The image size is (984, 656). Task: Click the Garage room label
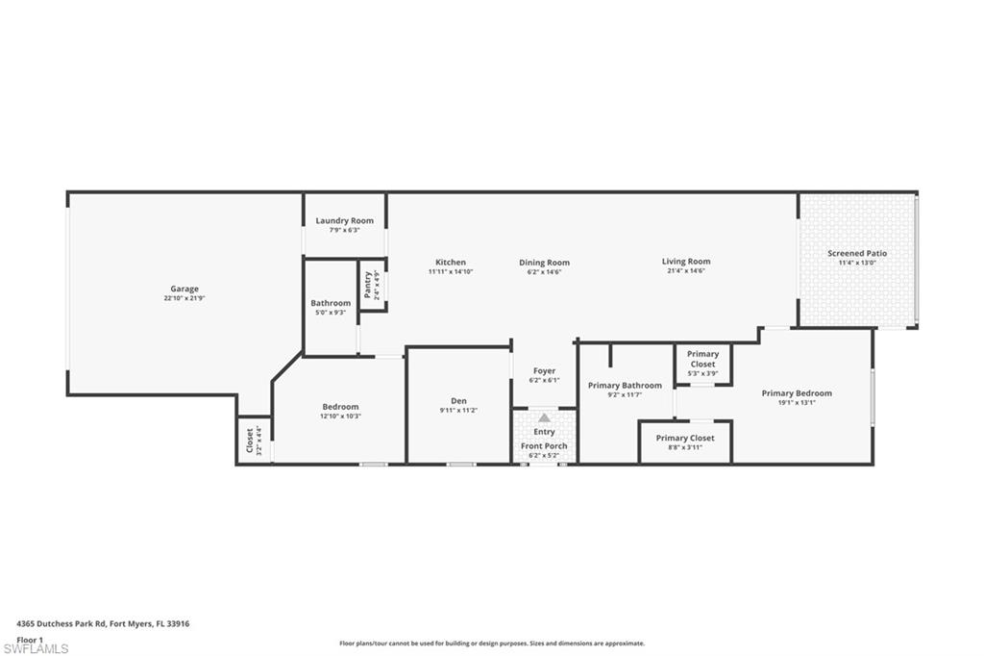pyautogui.click(x=184, y=289)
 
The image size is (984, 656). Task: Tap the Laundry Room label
pyautogui.click(x=344, y=221)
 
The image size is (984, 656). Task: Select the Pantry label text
pyautogui.click(x=367, y=286)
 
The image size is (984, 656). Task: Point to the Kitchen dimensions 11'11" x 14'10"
pyautogui.click(x=451, y=272)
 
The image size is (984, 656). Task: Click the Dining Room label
pyautogui.click(x=544, y=263)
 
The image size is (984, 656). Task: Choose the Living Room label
pyautogui.click(x=686, y=262)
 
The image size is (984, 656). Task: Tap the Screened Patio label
pyautogui.click(x=857, y=254)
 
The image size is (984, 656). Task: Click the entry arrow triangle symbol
pyautogui.click(x=544, y=417)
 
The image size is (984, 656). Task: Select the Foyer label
pyautogui.click(x=544, y=371)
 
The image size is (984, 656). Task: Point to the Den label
pyautogui.click(x=458, y=401)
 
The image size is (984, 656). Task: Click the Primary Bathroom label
pyautogui.click(x=625, y=386)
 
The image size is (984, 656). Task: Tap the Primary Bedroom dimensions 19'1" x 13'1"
pyautogui.click(x=797, y=403)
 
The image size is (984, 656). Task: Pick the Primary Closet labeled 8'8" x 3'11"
pyautogui.click(x=685, y=439)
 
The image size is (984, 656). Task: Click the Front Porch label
pyautogui.click(x=544, y=446)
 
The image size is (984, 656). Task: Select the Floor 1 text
pyautogui.click(x=30, y=639)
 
